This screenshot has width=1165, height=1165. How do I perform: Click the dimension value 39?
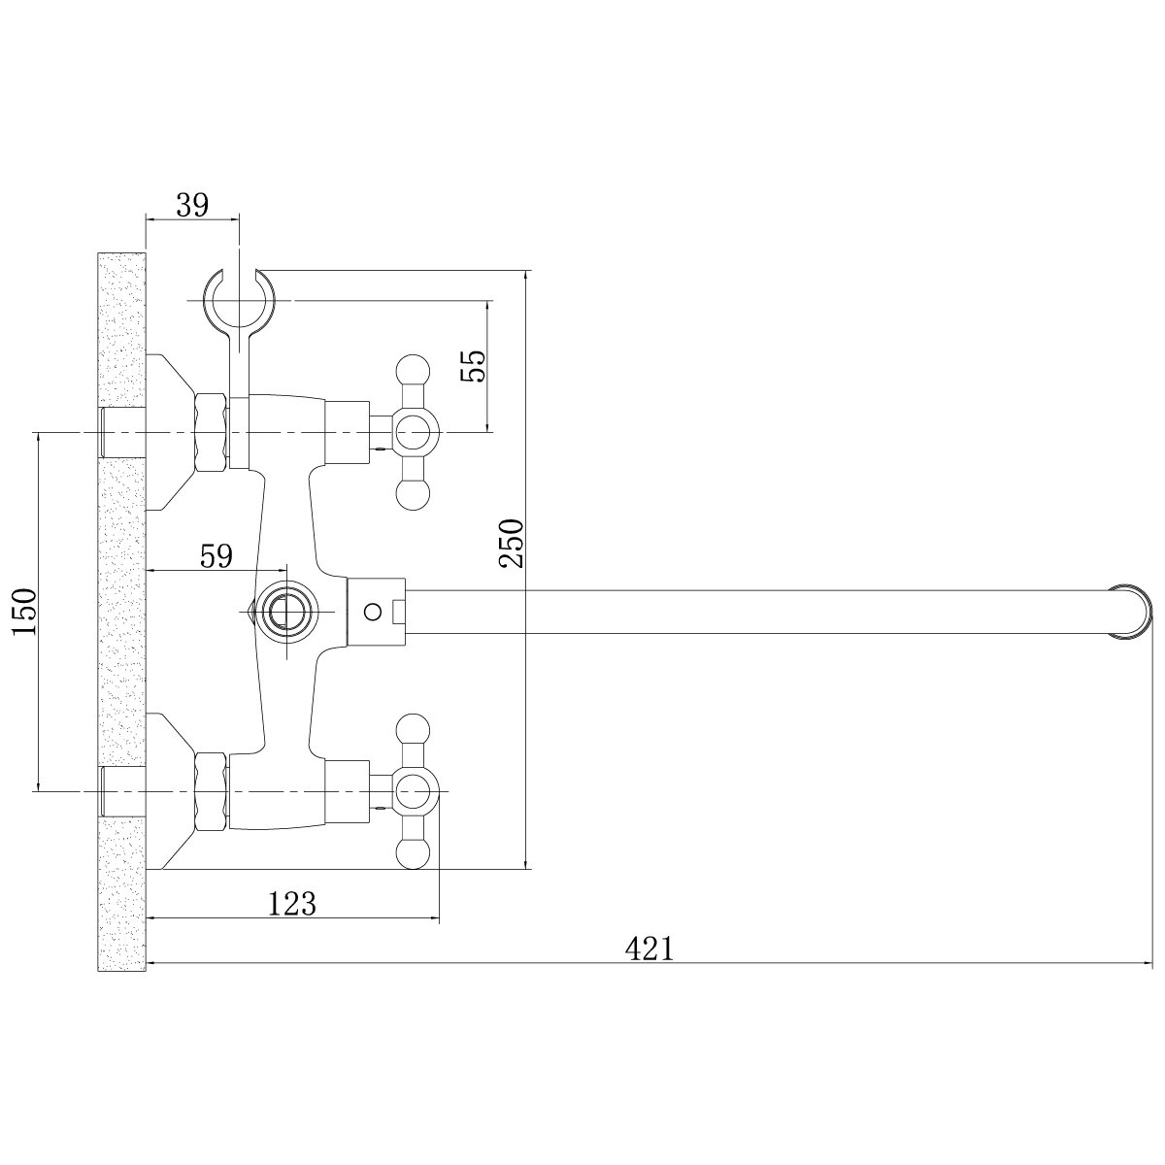pos(192,206)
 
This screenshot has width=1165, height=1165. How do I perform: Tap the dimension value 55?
pos(473,365)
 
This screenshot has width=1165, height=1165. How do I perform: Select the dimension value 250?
pos(511,543)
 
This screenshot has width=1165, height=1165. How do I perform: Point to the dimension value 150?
pos(25,611)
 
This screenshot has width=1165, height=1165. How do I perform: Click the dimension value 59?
pos(216,555)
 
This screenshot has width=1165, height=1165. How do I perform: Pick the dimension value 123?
pos(292,903)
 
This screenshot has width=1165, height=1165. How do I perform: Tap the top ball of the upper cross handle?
pos(412,372)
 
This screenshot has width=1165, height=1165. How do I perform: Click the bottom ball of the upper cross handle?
pos(412,494)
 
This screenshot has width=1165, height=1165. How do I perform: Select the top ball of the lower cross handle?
pos(412,730)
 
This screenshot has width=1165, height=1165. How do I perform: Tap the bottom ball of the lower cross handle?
pos(412,853)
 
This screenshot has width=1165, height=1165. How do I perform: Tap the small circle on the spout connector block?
pos(373,612)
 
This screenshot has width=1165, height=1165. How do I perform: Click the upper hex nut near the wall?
pos(211,432)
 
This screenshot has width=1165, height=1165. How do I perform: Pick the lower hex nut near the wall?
pos(211,791)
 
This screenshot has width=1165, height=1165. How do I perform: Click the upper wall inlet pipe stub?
pos(122,433)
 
